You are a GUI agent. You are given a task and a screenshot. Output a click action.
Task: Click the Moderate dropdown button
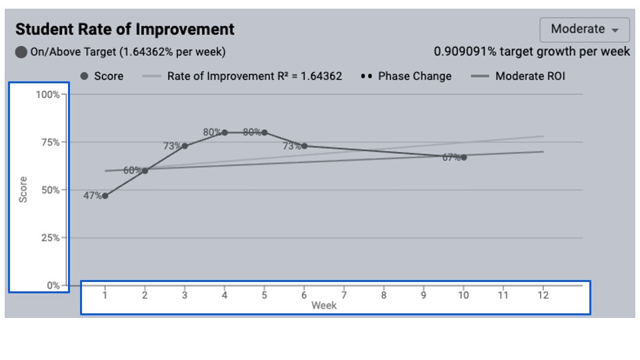585,29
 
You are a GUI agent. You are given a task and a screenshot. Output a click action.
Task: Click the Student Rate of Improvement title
125,29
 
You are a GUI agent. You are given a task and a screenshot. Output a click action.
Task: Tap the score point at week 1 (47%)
105,196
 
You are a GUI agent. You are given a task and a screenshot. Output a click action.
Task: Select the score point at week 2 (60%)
145,171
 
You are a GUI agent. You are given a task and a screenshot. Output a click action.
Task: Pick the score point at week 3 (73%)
185,146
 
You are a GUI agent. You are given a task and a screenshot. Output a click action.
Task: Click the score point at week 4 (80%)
225,133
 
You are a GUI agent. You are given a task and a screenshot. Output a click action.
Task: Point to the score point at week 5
265,133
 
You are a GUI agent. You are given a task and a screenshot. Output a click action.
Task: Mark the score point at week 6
304,146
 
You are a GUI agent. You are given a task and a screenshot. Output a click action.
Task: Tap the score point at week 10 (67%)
463,157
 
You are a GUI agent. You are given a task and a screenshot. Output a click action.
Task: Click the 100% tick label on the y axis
47,95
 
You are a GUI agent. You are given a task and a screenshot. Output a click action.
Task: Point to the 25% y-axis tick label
49,238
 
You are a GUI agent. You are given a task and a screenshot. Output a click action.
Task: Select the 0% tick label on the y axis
52,285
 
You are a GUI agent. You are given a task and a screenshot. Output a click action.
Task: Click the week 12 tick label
543,295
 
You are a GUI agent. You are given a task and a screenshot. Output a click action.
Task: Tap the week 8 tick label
383,295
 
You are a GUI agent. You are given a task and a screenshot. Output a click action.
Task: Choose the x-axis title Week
324,306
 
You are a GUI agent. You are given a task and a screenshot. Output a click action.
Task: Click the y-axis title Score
23,190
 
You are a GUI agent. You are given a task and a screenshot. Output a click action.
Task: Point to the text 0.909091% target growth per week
532,51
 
